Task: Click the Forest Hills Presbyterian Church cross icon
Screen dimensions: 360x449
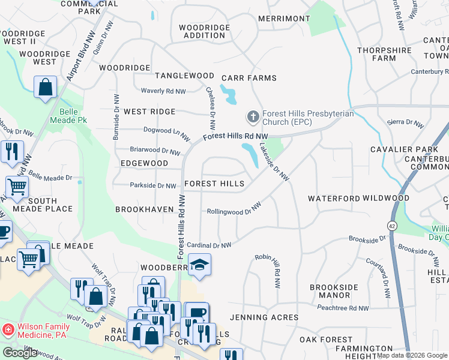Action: pyautogui.click(x=253, y=116)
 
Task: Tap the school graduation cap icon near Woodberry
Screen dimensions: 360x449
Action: pyautogui.click(x=199, y=265)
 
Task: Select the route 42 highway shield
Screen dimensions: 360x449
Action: pyautogui.click(x=391, y=226)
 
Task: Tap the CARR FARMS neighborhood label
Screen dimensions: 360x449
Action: pyautogui.click(x=249, y=78)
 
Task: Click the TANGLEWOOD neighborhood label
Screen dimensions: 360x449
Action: pyautogui.click(x=184, y=76)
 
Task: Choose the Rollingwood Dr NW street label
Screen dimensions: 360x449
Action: pyautogui.click(x=234, y=210)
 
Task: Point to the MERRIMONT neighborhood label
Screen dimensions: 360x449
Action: pyautogui.click(x=283, y=19)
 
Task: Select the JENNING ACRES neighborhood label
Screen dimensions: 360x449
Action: pyautogui.click(x=264, y=317)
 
